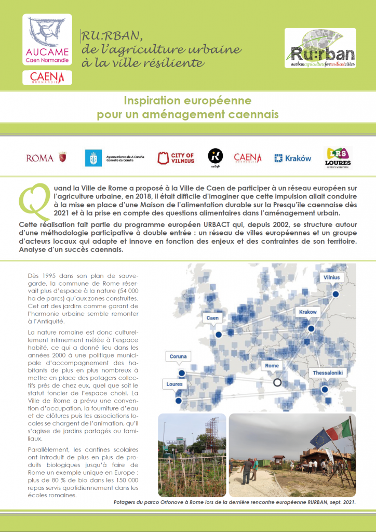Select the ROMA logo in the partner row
point(47,157)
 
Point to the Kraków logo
point(293,158)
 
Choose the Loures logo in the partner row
point(338,157)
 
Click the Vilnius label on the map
point(331,277)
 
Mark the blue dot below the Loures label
point(179,401)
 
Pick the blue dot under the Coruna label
point(182,373)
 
